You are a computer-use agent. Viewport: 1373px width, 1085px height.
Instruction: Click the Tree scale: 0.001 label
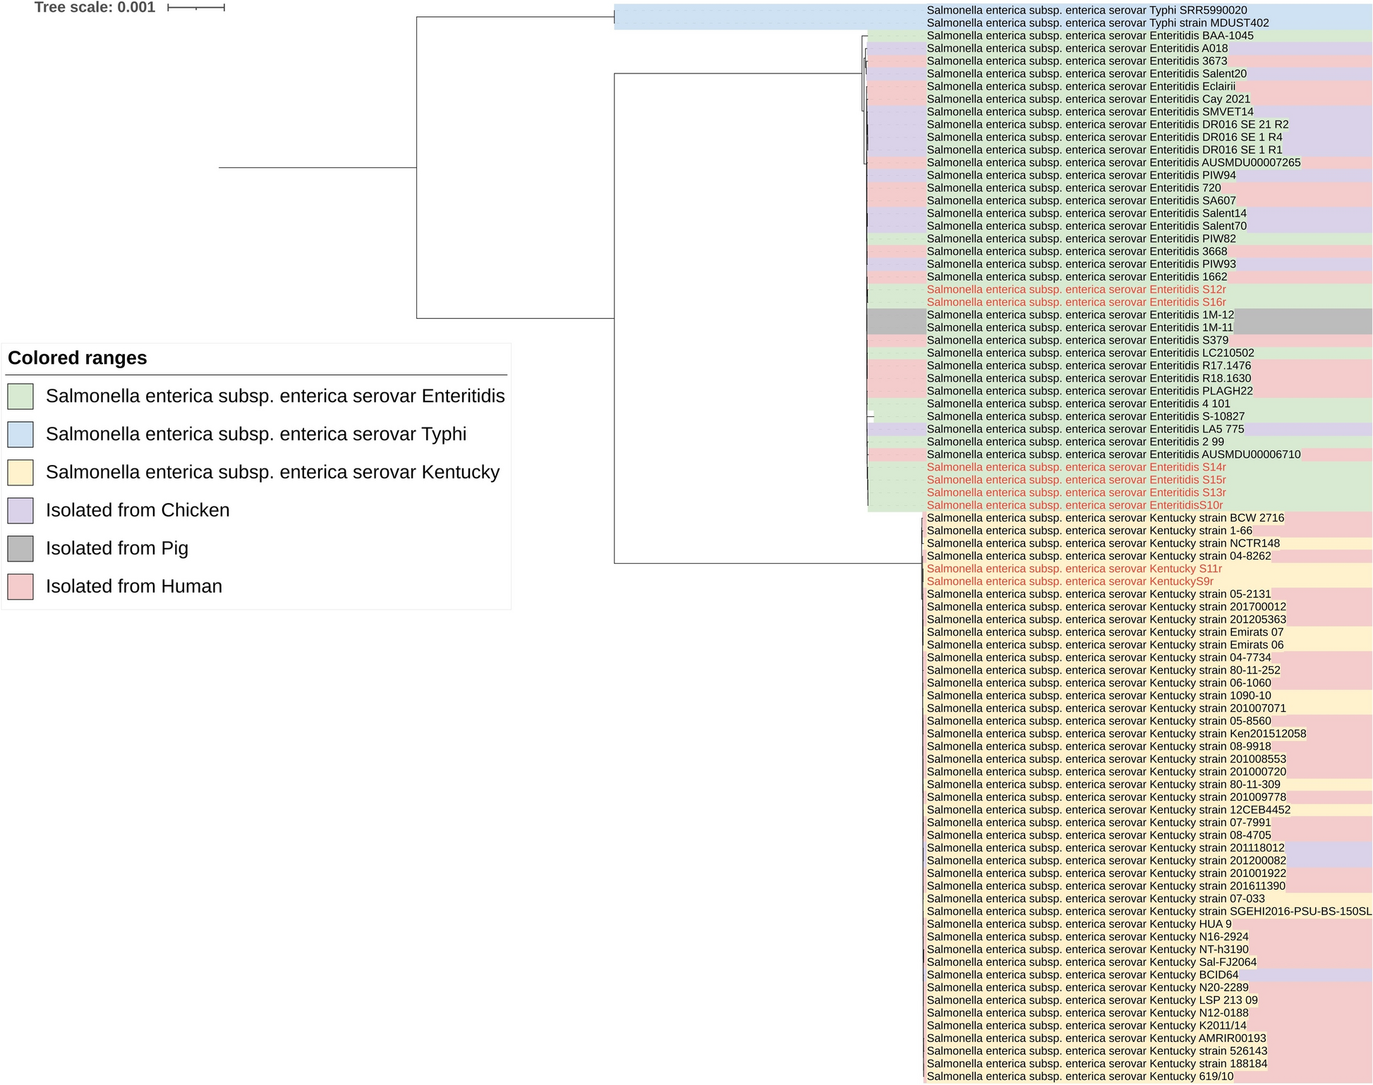point(95,8)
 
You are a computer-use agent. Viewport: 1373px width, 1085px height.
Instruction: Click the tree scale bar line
point(196,8)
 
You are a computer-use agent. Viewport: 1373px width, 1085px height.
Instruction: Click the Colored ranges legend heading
point(78,358)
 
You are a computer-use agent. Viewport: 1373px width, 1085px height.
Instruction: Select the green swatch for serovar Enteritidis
point(20,396)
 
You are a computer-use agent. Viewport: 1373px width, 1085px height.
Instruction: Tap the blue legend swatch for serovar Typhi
point(20,435)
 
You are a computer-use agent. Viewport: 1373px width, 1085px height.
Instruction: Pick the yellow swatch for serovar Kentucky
point(20,473)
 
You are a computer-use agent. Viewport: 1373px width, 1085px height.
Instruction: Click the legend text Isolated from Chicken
point(138,511)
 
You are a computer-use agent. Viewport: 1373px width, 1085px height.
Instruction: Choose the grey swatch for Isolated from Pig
point(20,549)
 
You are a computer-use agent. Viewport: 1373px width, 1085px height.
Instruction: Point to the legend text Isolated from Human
point(134,587)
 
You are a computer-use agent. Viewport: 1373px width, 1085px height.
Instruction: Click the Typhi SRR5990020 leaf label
point(1087,11)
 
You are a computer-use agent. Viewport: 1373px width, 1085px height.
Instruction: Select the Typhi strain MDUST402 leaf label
point(1098,23)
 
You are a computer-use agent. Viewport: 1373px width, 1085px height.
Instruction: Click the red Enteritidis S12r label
point(1076,290)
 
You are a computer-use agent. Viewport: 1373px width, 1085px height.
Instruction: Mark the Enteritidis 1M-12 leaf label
point(1080,315)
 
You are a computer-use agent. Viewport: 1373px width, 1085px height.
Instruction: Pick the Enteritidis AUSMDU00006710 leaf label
point(1113,455)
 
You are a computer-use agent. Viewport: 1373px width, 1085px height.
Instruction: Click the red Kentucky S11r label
point(1074,569)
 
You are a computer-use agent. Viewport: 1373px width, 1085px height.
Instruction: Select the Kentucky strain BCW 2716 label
point(1106,519)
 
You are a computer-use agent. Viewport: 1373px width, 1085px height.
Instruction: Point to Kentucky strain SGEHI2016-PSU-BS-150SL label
point(1149,912)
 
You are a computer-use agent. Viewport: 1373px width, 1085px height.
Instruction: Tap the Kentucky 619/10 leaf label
point(1080,1077)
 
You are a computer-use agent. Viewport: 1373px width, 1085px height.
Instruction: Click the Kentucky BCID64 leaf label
point(1082,976)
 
